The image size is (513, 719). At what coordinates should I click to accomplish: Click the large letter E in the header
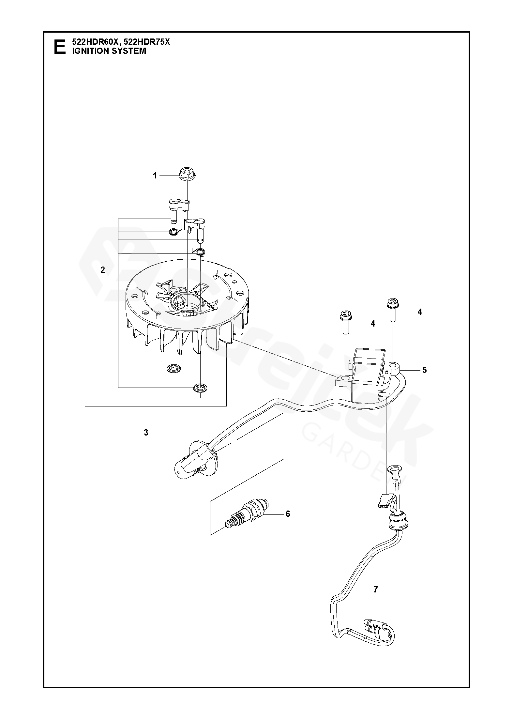pyautogui.click(x=59, y=47)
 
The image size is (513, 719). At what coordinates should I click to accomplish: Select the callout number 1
pyautogui.click(x=155, y=176)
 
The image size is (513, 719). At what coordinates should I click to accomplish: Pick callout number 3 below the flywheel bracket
pyautogui.click(x=146, y=433)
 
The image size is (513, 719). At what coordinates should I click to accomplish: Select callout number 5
pyautogui.click(x=424, y=370)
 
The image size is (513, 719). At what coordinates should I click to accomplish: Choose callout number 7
pyautogui.click(x=375, y=589)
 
